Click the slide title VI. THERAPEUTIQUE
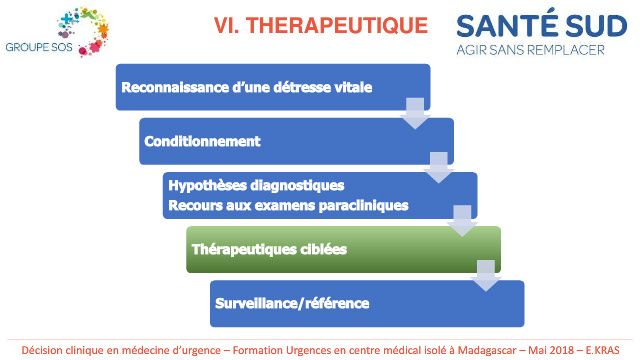click(x=321, y=25)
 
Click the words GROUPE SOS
click(x=39, y=47)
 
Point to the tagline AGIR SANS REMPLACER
click(x=530, y=50)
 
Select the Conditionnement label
click(x=202, y=141)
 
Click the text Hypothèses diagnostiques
click(x=256, y=186)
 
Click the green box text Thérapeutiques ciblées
click(x=269, y=249)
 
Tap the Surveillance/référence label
click(x=292, y=303)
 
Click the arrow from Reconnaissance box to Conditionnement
click(x=415, y=113)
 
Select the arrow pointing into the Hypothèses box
click(x=439, y=167)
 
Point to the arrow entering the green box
click(x=462, y=221)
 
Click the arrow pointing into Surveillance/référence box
click(x=486, y=276)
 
